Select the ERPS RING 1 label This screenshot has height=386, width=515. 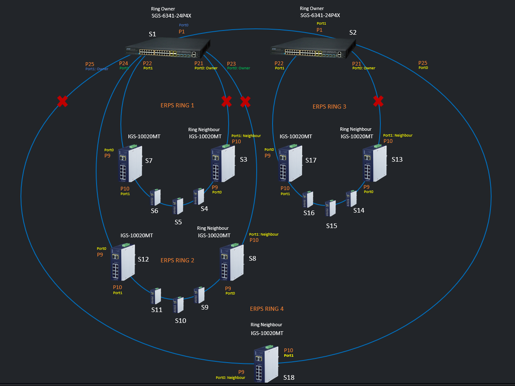[x=177, y=105]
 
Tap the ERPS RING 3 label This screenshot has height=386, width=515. [x=329, y=107]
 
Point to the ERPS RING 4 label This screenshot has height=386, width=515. [x=267, y=309]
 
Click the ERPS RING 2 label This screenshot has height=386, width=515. [x=177, y=260]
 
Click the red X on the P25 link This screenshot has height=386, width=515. [x=63, y=101]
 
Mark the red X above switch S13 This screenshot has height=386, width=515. [x=378, y=101]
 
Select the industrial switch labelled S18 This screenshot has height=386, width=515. [x=266, y=363]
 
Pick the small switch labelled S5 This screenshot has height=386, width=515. [x=178, y=206]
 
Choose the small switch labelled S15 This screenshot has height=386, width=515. [x=331, y=208]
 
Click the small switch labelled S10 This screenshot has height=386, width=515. [x=179, y=305]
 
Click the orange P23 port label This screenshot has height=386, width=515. [x=231, y=63]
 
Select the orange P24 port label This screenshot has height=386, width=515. [x=124, y=63]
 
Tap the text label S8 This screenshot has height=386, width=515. [x=252, y=259]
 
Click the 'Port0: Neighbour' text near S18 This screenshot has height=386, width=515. [x=230, y=378]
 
